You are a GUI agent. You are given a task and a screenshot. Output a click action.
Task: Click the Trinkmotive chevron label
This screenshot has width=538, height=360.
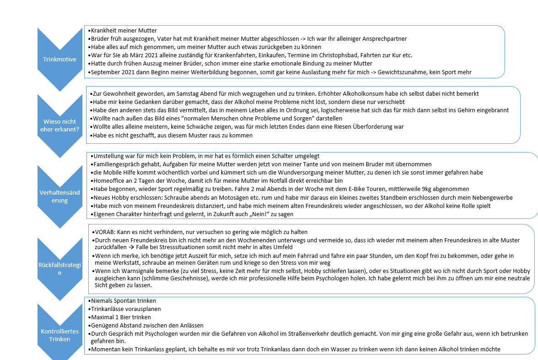coord(60,60)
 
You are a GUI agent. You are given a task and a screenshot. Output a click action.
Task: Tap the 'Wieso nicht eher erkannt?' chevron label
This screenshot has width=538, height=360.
coord(60,125)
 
